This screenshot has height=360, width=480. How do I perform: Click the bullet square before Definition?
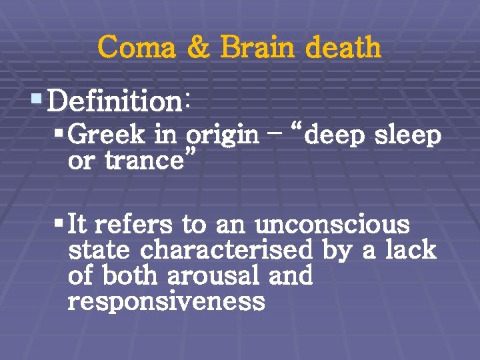[x=37, y=101]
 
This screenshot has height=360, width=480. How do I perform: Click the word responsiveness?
[x=166, y=302]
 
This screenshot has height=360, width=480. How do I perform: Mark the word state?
[x=100, y=251]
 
